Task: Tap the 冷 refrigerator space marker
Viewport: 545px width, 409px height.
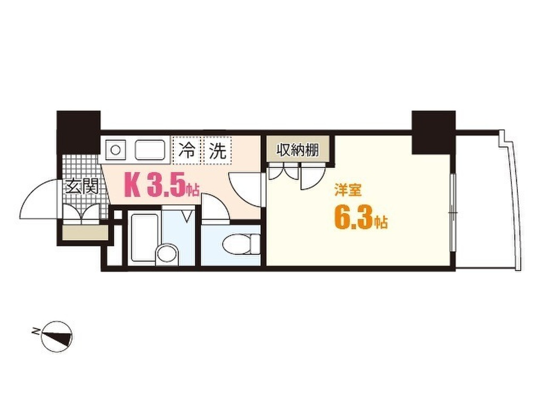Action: pyautogui.click(x=186, y=151)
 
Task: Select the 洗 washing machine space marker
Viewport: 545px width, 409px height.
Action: pyautogui.click(x=217, y=151)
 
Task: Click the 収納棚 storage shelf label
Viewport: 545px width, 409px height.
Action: pyautogui.click(x=298, y=150)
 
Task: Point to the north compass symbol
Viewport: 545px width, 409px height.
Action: pyautogui.click(x=56, y=336)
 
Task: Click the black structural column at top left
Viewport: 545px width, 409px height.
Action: pyautogui.click(x=78, y=132)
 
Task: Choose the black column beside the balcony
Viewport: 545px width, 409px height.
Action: pyautogui.click(x=433, y=132)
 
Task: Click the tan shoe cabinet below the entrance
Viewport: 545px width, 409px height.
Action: pyautogui.click(x=84, y=233)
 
